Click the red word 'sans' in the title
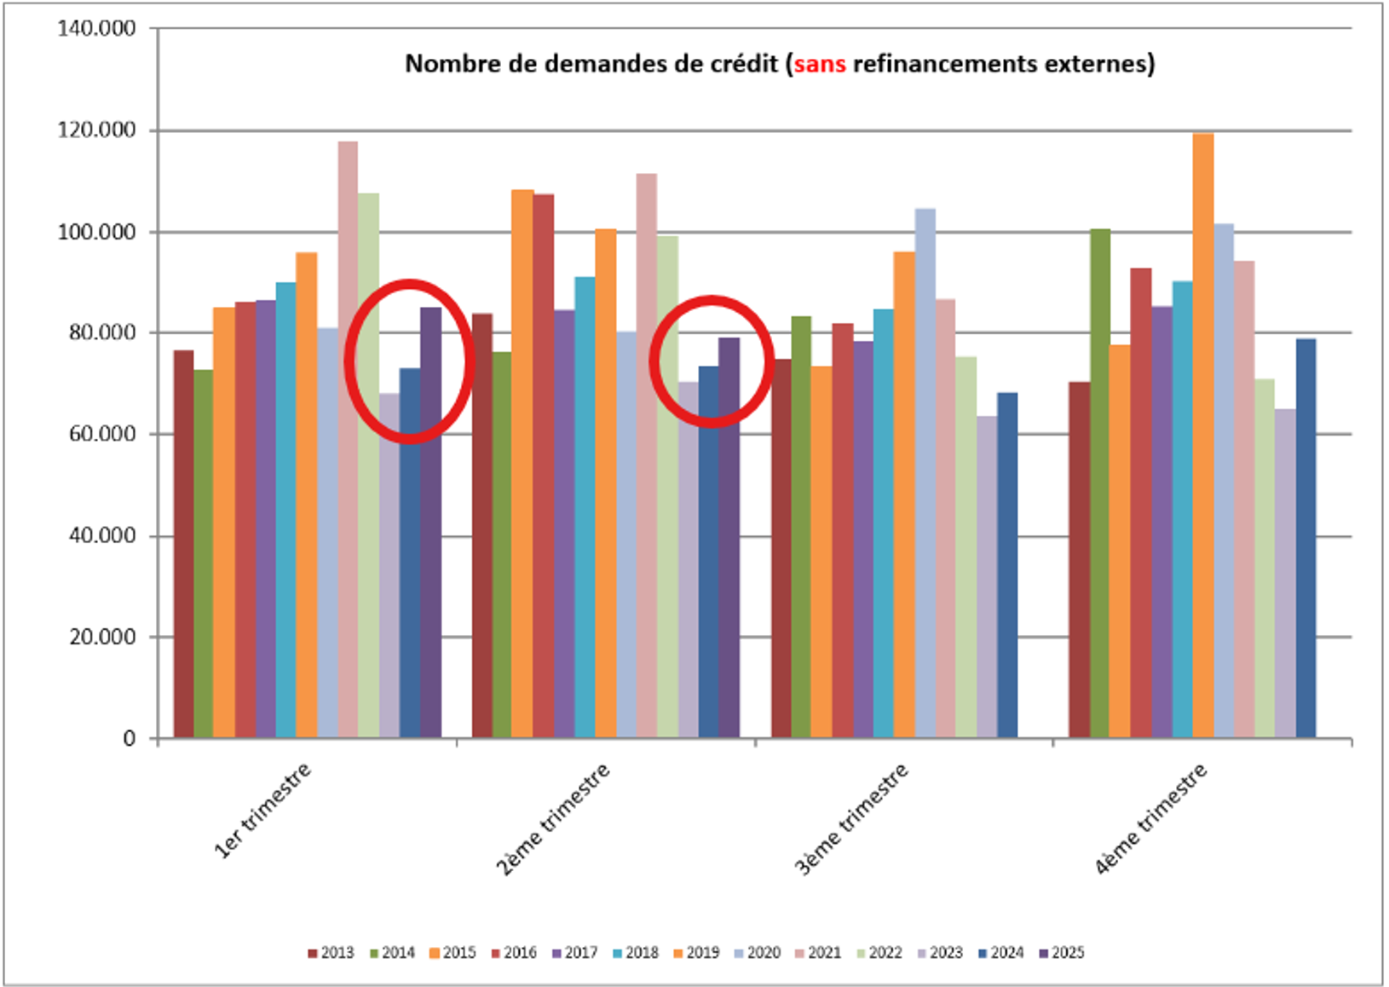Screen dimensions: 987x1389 point(819,64)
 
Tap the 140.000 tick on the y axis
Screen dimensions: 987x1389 point(96,28)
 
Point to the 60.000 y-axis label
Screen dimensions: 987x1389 point(102,434)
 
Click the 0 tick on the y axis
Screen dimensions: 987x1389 point(129,738)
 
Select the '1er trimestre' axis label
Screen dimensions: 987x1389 point(262,810)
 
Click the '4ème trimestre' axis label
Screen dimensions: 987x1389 point(1150,818)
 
